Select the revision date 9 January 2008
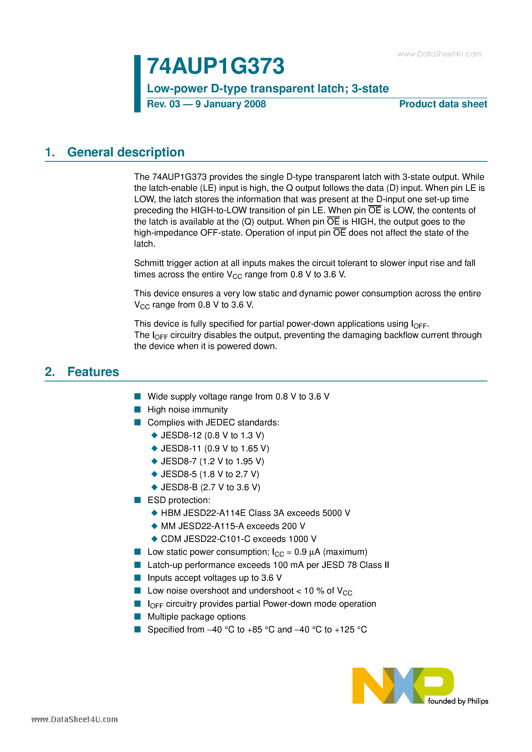tap(230, 104)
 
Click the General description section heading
tap(126, 152)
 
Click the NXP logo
tap(403, 685)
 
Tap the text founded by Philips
tap(458, 701)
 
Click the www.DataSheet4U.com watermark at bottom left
tap(74, 719)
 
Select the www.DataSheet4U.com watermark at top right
tap(439, 54)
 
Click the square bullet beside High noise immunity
tap(138, 409)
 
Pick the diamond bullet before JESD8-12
tap(154, 435)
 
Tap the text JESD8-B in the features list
tap(179, 487)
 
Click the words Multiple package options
tap(196, 616)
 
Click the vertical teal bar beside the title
tap(137, 84)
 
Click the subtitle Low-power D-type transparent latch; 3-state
tap(268, 88)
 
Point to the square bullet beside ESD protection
tap(138, 500)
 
